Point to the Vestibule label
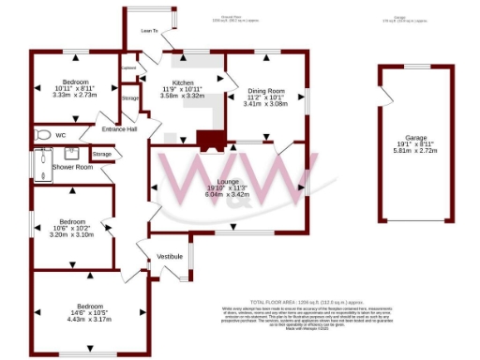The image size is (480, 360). pos(169,255)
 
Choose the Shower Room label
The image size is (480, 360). pos(72,166)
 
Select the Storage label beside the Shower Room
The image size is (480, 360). pos(102,153)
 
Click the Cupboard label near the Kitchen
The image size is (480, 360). pos(128,67)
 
